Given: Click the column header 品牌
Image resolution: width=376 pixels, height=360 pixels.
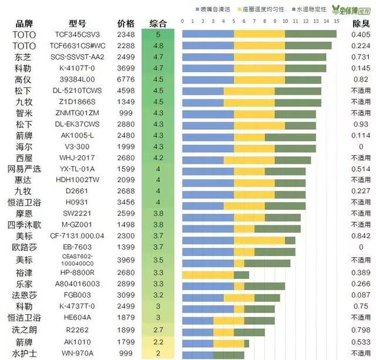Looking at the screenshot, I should (24, 23).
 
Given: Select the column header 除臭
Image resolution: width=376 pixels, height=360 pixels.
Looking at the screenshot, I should (360, 23).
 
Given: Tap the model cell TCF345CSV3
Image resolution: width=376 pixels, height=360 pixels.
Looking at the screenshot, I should (78, 35).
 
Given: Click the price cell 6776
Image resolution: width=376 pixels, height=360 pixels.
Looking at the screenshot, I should (126, 79).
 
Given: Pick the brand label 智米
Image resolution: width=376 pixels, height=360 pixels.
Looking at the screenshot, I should (24, 113).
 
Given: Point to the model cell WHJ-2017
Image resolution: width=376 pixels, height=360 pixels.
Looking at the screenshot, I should (78, 158).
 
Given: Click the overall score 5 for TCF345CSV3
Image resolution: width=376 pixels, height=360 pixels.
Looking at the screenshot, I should (158, 35).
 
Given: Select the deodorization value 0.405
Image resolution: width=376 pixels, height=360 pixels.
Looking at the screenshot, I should (360, 35).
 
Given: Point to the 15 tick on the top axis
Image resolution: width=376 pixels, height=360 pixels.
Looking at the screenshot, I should (336, 22).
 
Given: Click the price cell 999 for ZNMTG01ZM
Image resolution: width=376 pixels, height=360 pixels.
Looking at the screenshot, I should (126, 113).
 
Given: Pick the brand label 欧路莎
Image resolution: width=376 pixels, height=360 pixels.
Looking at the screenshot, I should (24, 248).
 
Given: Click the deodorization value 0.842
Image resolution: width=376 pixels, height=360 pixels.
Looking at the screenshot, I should (360, 236).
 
